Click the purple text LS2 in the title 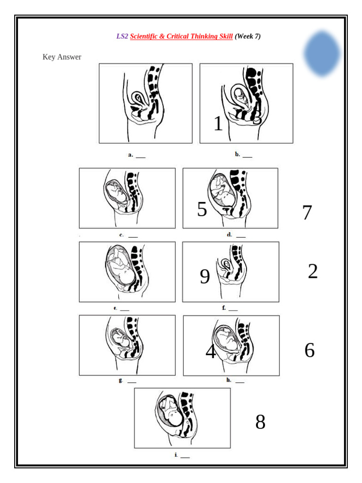pos(122,36)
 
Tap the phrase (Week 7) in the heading pos(247,36)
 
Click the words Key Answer pos(62,57)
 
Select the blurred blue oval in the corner pos(322,53)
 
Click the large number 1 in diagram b pos(218,124)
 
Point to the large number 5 pos(202,209)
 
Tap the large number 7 pos(307,213)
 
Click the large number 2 pos(313,272)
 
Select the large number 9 pos(205,276)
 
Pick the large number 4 pos(211,352)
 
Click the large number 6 pos(309,350)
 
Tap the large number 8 pos(260,422)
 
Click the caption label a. pos(131,154)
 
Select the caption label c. pos(122,234)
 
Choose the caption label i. pos(176,455)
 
